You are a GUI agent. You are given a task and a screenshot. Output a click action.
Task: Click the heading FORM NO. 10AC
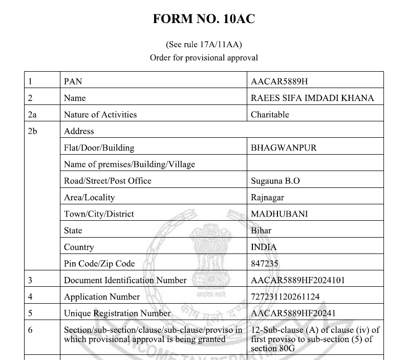tap(204, 19)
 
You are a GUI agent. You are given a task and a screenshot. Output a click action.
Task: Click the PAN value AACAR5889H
tap(279, 81)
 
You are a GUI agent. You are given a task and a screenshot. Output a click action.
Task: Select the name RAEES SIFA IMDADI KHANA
tap(312, 98)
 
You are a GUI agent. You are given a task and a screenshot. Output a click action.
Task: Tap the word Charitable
tap(270, 115)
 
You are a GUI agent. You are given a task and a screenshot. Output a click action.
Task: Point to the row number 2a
tap(32, 115)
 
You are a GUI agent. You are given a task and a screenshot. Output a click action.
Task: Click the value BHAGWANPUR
tap(284, 148)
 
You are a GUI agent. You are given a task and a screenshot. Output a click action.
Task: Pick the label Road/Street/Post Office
tap(108, 181)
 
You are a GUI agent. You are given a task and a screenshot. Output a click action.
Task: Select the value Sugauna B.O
tap(275, 181)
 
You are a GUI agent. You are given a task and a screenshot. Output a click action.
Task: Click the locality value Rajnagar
tap(267, 198)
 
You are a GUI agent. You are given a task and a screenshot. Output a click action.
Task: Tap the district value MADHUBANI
tap(279, 214)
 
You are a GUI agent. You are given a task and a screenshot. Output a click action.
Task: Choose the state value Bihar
tap(261, 230)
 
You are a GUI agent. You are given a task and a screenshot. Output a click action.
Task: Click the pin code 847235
tap(265, 264)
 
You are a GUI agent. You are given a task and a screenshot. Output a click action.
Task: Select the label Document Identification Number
tap(125, 280)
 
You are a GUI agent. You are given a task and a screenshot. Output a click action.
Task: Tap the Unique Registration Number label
tap(117, 313)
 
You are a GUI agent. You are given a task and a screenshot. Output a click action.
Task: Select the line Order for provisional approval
tap(204, 57)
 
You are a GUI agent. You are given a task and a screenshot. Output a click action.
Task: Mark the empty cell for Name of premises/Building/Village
tap(315, 164)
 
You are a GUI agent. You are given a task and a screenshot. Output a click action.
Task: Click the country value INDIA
tap(264, 247)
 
